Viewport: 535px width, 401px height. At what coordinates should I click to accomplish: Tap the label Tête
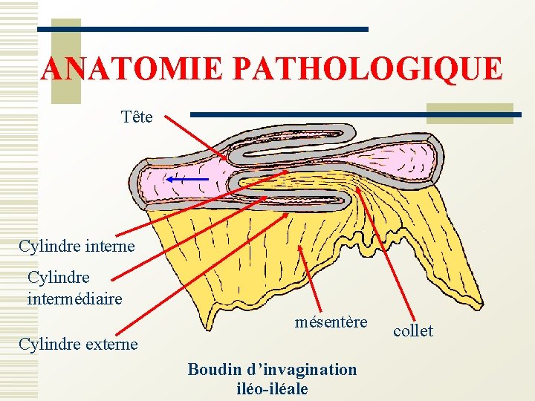[137, 117]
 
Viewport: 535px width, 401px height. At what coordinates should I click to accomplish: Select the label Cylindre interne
[77, 245]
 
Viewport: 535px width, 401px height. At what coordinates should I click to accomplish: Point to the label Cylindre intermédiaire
[74, 288]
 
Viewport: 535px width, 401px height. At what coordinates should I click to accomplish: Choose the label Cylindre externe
[79, 344]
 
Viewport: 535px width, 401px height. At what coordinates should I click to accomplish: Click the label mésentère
[331, 322]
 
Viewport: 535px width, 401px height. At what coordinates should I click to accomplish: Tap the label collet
[413, 330]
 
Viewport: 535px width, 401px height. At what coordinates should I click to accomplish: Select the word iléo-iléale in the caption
[272, 388]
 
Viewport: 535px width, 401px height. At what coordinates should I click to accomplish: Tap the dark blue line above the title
[204, 29]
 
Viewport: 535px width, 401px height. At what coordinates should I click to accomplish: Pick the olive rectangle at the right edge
[470, 112]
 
